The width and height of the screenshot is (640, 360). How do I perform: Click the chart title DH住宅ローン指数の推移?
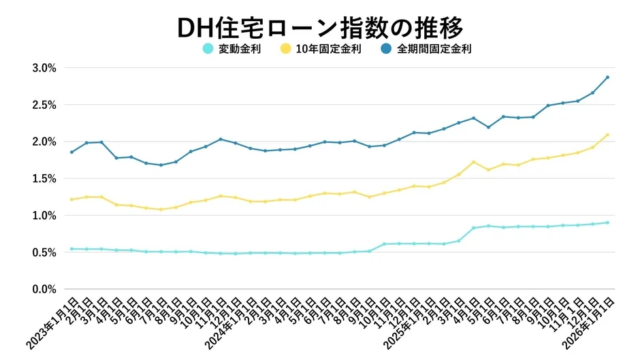[320, 23]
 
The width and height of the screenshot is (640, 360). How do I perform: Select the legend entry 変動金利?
[238, 48]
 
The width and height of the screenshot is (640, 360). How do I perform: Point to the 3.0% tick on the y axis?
[43, 68]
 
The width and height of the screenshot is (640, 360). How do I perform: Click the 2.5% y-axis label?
[43, 105]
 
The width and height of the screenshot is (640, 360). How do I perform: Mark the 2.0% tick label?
[43, 142]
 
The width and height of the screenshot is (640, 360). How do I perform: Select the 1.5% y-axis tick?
[43, 178]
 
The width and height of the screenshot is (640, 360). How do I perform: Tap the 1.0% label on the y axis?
[43, 215]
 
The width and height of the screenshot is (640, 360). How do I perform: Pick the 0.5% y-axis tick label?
[43, 252]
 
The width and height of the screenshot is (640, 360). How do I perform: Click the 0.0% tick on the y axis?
[43, 289]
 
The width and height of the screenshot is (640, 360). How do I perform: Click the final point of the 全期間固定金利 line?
[607, 77]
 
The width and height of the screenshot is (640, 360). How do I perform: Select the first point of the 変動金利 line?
[71, 248]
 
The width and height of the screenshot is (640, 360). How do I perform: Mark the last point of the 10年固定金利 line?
[607, 135]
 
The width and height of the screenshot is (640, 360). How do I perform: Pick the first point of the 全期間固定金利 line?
[71, 152]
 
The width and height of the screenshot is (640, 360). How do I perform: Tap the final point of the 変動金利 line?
[607, 222]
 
